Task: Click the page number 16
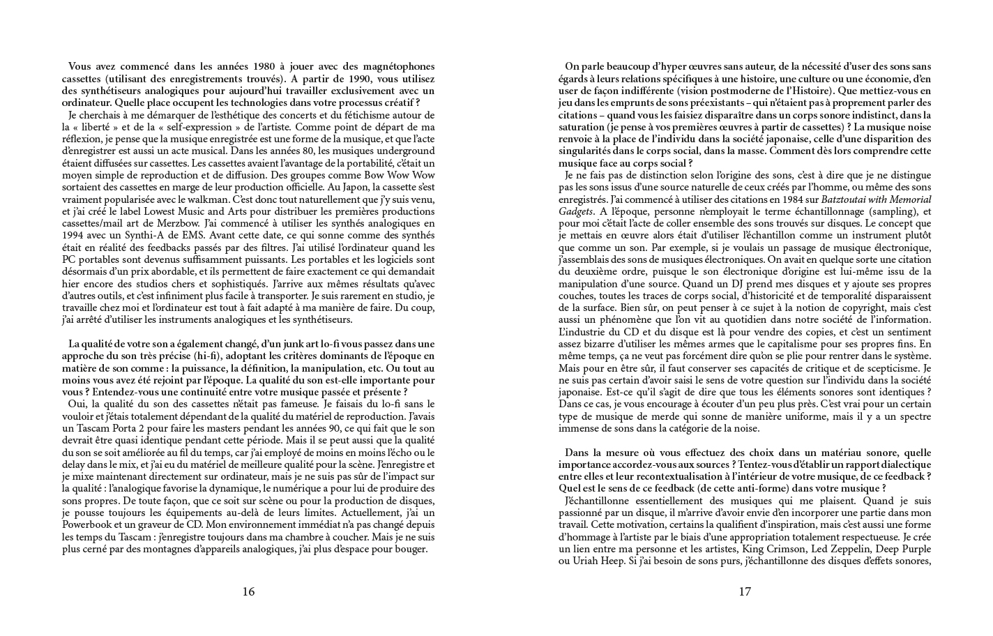[x=248, y=592]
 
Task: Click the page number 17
[x=745, y=592]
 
